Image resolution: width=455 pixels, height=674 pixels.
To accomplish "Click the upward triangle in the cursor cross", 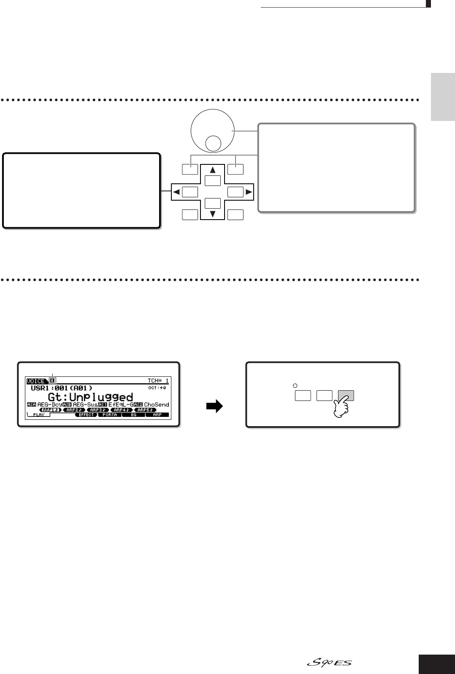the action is click(x=213, y=170).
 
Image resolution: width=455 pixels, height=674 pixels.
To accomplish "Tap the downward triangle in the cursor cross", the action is click(x=213, y=214).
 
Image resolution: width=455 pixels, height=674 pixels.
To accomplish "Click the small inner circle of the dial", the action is click(x=213, y=144).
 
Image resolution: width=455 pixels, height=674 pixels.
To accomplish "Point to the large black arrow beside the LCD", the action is click(x=214, y=408).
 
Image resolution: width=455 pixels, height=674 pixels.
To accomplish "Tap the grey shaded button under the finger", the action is click(x=345, y=395).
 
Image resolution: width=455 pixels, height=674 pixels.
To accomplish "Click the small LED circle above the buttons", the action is click(x=295, y=385).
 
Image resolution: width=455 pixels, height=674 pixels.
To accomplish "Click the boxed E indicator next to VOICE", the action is click(x=52, y=381).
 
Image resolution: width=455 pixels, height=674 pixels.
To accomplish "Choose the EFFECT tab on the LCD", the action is click(x=86, y=415).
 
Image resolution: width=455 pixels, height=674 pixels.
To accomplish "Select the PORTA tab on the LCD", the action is click(x=110, y=415).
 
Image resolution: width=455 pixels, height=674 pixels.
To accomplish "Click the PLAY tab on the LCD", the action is click(x=38, y=415).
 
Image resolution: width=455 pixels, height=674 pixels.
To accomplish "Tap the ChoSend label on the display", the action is click(x=157, y=405).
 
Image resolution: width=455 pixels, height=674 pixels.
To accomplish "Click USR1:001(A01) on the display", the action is click(x=62, y=388).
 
